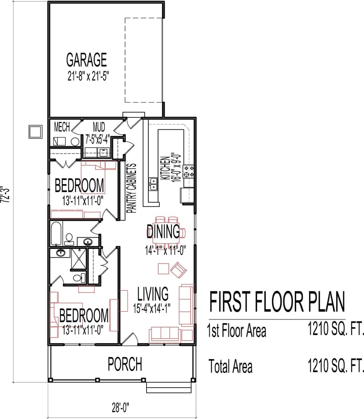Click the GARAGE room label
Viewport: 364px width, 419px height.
tap(86, 60)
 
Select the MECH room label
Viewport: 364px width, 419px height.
tap(62, 126)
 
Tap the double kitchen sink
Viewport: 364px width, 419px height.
tap(153, 184)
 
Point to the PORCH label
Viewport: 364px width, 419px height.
tap(124, 364)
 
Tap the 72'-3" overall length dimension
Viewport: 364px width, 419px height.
tap(5, 195)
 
